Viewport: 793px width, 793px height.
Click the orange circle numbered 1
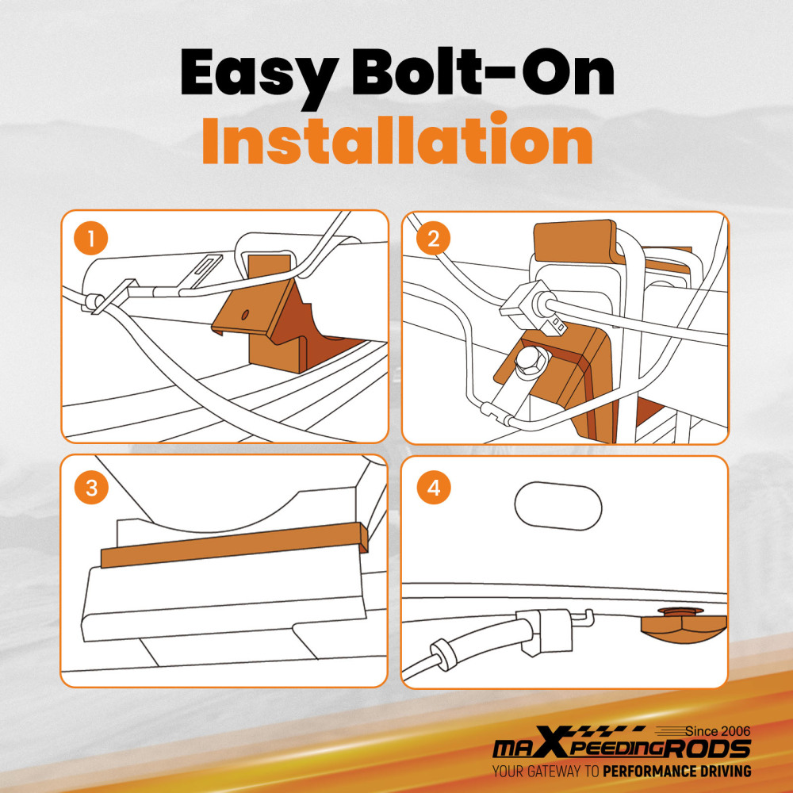(91, 238)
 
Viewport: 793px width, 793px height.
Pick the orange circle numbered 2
(434, 238)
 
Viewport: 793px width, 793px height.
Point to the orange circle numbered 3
(91, 488)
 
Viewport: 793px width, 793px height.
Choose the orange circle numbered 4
(434, 488)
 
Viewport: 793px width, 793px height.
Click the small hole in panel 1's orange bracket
(245, 315)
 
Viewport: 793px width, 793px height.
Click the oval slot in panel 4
(558, 506)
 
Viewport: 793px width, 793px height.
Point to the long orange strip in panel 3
(235, 546)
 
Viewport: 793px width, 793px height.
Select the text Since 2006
(718, 731)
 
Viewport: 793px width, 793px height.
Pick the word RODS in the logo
(707, 748)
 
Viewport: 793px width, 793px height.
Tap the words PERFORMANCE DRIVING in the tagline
(677, 772)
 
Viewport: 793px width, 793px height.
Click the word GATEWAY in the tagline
(554, 772)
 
